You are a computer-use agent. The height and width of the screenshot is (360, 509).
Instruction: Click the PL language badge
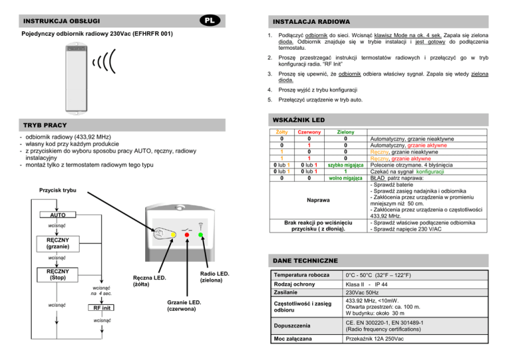(207, 20)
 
